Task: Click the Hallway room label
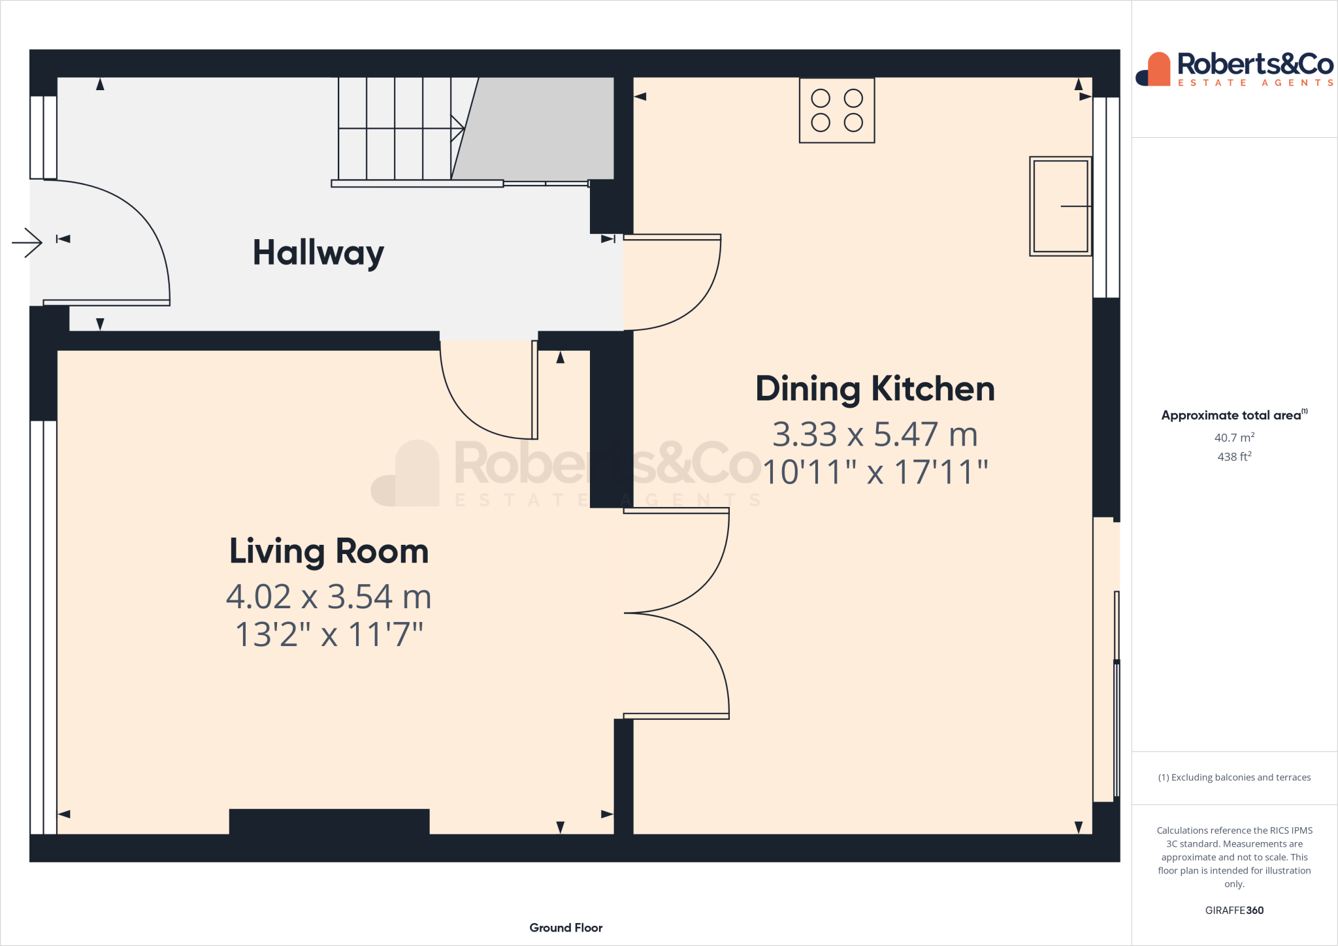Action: coord(318,253)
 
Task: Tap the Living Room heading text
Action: coord(329,551)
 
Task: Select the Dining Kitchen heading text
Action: coord(875,389)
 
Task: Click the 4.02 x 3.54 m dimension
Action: coord(329,596)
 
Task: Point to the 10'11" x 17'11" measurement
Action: coord(875,472)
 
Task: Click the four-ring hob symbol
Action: coord(837,110)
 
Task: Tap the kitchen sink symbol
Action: coord(1060,206)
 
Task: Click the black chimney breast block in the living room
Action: coord(329,821)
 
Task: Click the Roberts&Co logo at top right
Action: coord(1234,69)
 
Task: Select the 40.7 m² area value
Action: coord(1234,438)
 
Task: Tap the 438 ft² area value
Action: coord(1234,457)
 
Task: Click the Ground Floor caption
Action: coord(566,928)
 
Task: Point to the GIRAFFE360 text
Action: coord(1234,910)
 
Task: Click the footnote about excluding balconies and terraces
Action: coord(1234,777)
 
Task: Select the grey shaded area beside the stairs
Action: coord(542,127)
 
